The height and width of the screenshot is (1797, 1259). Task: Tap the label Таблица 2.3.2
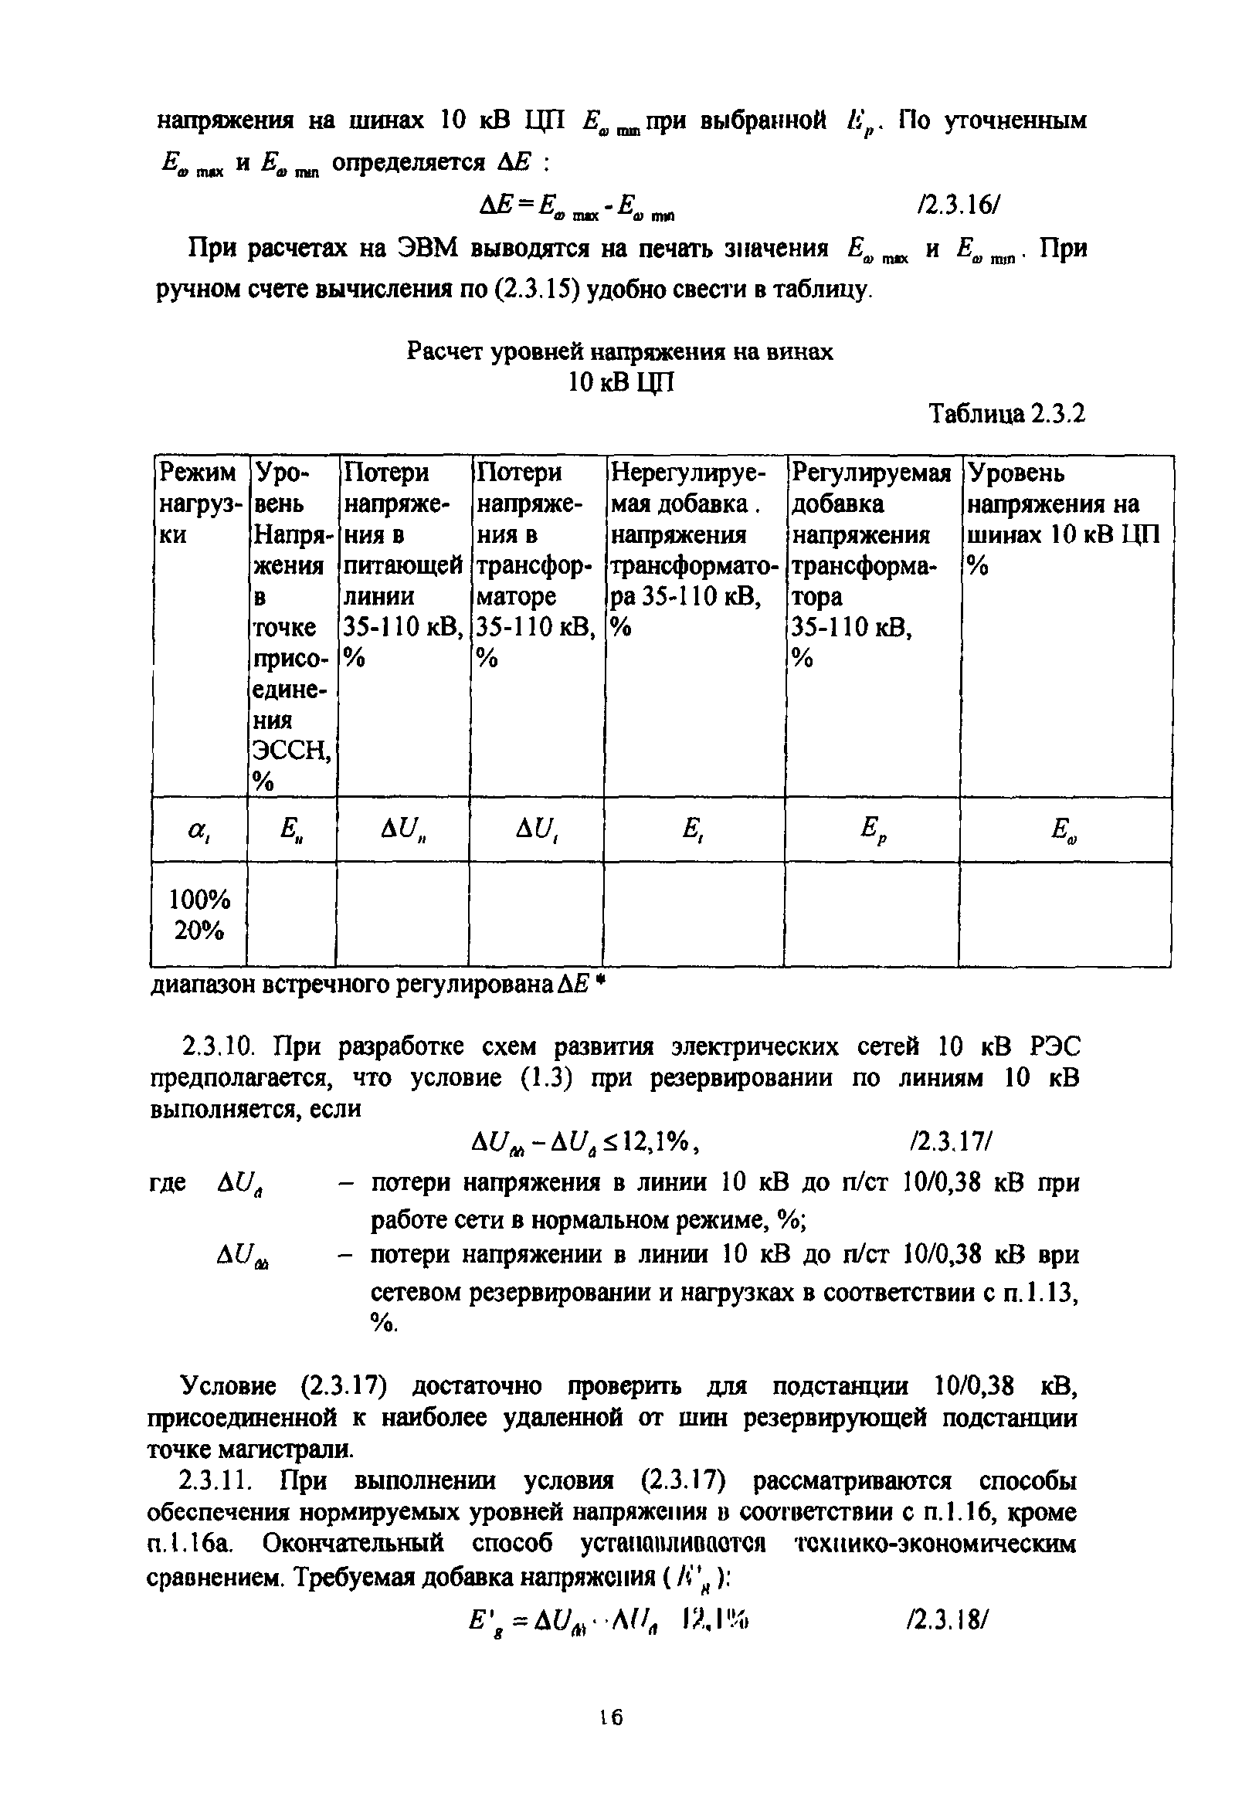1007,413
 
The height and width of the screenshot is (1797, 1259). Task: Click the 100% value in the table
199,900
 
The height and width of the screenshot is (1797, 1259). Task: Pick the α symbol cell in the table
198,831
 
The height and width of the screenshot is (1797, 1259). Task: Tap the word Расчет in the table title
446,352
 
